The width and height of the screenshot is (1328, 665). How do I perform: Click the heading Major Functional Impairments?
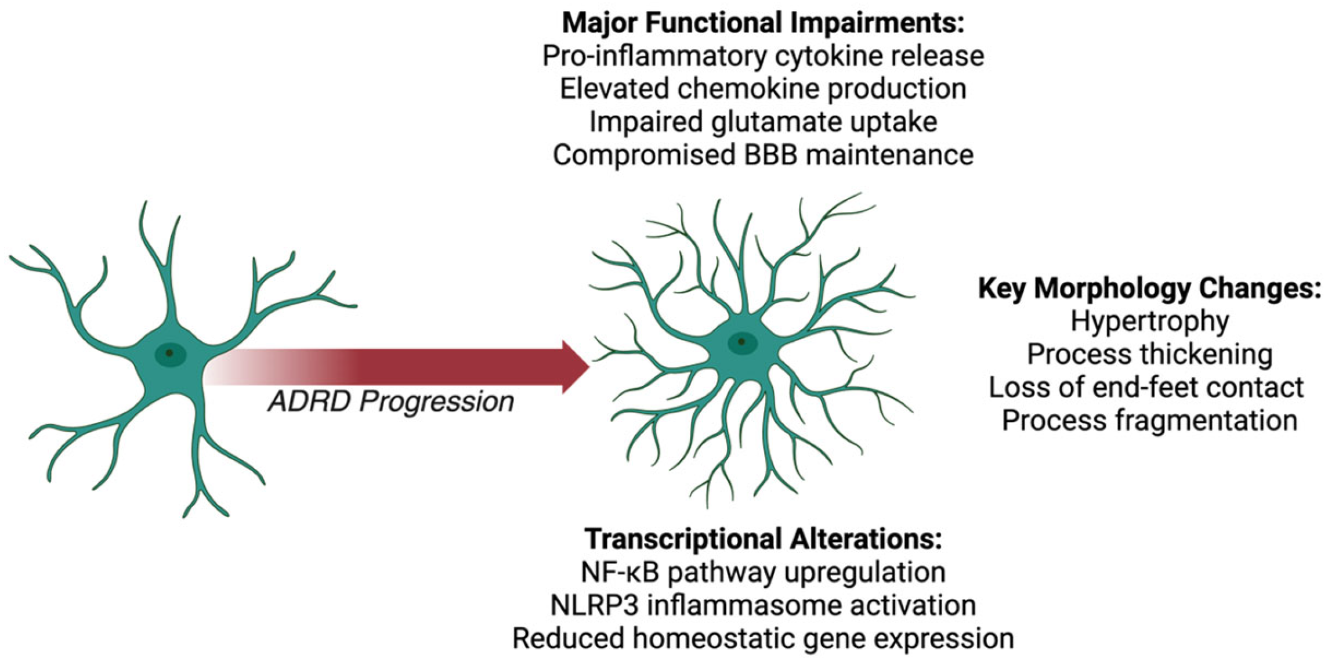(x=762, y=23)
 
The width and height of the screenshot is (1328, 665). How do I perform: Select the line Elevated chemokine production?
(x=762, y=89)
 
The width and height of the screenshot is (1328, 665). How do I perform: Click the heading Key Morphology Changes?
(x=1149, y=288)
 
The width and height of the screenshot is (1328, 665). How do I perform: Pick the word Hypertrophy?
(x=1149, y=321)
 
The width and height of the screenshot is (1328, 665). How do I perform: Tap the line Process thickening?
(x=1149, y=354)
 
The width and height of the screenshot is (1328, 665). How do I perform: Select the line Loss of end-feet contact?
(x=1146, y=387)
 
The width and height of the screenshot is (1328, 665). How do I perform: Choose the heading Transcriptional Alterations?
(x=762, y=538)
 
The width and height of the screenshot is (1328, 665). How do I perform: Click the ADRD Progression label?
(x=390, y=402)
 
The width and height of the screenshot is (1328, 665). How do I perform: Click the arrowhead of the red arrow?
(x=576, y=367)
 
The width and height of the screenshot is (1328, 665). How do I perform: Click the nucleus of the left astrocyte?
(x=170, y=353)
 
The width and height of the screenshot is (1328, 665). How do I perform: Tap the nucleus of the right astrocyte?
(x=742, y=342)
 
